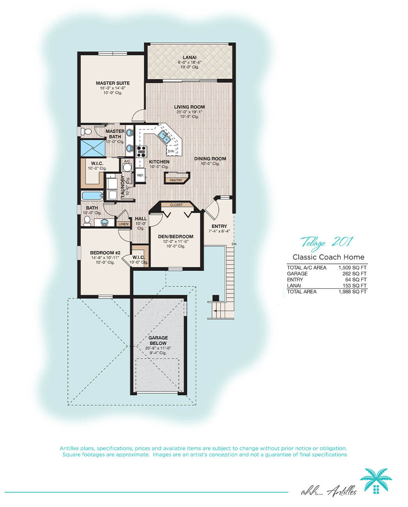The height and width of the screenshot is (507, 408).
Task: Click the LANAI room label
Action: (x=190, y=57)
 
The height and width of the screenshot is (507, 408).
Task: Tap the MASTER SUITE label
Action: (x=113, y=83)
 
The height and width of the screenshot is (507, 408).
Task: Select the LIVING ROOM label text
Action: (x=189, y=107)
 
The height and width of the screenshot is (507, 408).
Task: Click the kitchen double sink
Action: (x=164, y=137)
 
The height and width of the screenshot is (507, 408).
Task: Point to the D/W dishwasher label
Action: (x=171, y=151)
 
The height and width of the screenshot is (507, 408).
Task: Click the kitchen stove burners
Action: (x=141, y=151)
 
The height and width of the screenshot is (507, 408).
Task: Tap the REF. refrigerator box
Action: (x=140, y=175)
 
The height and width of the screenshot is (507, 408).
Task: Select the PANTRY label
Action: (x=176, y=180)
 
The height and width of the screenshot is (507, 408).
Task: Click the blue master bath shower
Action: (x=93, y=148)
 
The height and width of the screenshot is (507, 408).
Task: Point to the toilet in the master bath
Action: (x=85, y=132)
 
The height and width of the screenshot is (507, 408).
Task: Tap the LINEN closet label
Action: (x=123, y=224)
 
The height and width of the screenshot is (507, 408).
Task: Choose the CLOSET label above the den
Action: (x=176, y=205)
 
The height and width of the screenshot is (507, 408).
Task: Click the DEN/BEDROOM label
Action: (x=176, y=236)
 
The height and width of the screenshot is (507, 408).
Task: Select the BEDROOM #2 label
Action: (x=105, y=253)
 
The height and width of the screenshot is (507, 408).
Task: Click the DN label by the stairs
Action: (x=234, y=244)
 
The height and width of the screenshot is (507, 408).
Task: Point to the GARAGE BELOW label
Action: (x=158, y=340)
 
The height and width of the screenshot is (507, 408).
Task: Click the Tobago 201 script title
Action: (x=327, y=243)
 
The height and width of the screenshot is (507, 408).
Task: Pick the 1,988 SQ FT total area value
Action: (x=353, y=292)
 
